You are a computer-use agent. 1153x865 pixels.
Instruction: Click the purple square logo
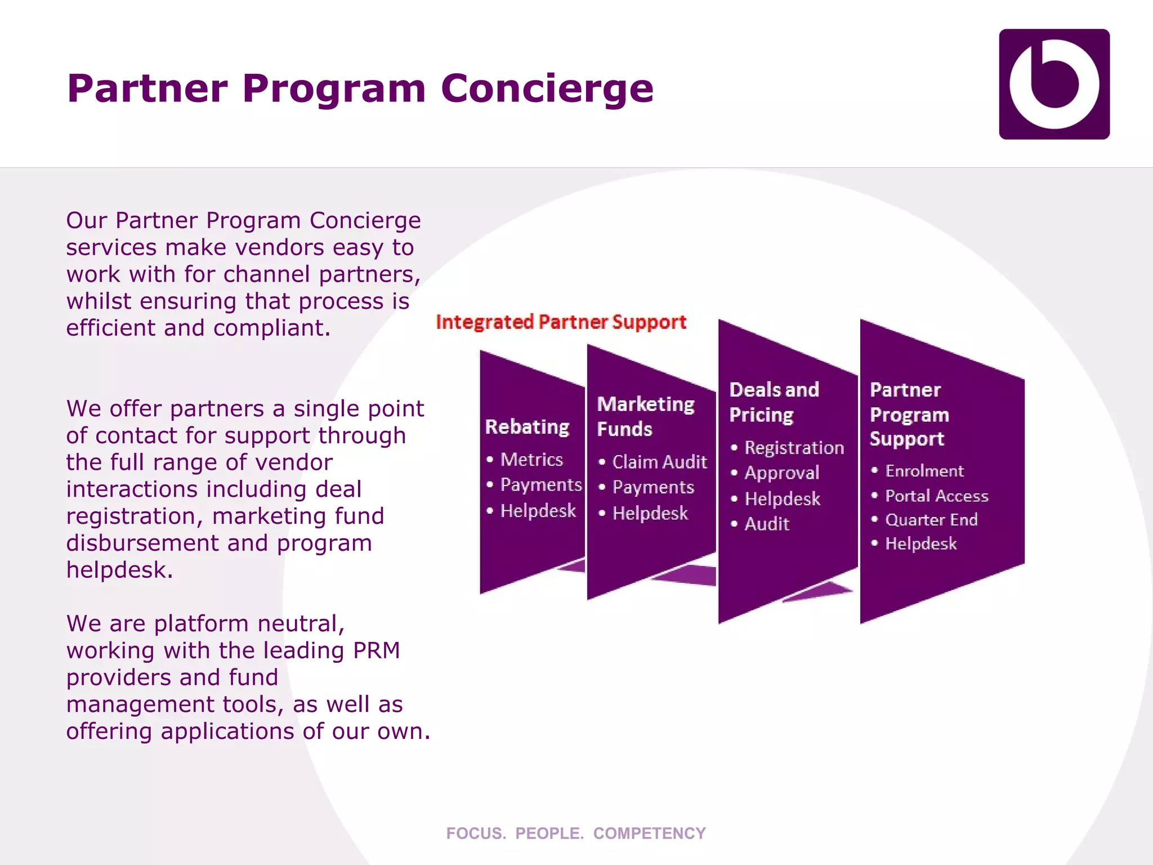click(x=1054, y=84)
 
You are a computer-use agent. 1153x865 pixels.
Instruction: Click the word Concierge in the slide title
click(x=547, y=88)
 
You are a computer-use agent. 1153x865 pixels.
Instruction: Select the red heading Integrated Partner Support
click(x=561, y=322)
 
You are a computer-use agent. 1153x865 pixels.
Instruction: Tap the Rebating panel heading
click(x=527, y=427)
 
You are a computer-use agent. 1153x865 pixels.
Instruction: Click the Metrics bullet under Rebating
click(x=531, y=460)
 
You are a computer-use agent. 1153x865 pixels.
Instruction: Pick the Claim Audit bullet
click(x=659, y=462)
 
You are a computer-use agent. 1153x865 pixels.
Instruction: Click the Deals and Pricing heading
click(x=774, y=402)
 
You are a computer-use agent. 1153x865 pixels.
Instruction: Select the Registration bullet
click(x=794, y=448)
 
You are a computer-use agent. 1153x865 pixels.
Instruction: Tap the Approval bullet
click(x=781, y=473)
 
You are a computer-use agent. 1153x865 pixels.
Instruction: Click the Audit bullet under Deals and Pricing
click(x=767, y=524)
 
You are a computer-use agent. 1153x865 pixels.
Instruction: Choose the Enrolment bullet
click(x=924, y=471)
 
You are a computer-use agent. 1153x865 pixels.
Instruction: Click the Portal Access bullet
click(x=936, y=496)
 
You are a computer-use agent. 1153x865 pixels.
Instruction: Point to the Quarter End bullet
click(x=931, y=520)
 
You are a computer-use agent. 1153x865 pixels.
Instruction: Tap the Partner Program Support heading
click(x=909, y=414)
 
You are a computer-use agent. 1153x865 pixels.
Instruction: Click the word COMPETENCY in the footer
click(x=649, y=833)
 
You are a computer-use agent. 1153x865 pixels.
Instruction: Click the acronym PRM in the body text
click(x=376, y=651)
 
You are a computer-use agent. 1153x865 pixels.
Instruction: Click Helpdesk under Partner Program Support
click(x=920, y=544)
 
